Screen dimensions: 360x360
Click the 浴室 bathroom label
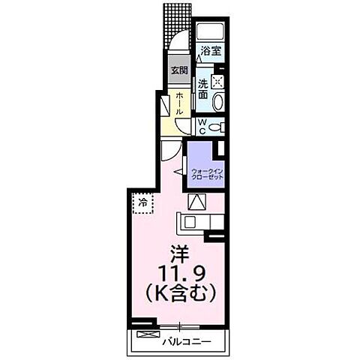[x=211, y=52]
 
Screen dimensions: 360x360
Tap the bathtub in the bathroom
[x=211, y=32]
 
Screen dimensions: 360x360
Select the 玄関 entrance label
[x=178, y=71]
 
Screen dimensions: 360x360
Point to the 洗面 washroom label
[x=202, y=90]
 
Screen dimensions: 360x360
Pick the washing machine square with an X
[x=218, y=82]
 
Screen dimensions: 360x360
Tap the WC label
[x=202, y=128]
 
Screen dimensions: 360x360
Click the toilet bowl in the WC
[x=217, y=127]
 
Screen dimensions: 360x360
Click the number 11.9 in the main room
[x=178, y=271]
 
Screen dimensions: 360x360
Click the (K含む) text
[x=178, y=289]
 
